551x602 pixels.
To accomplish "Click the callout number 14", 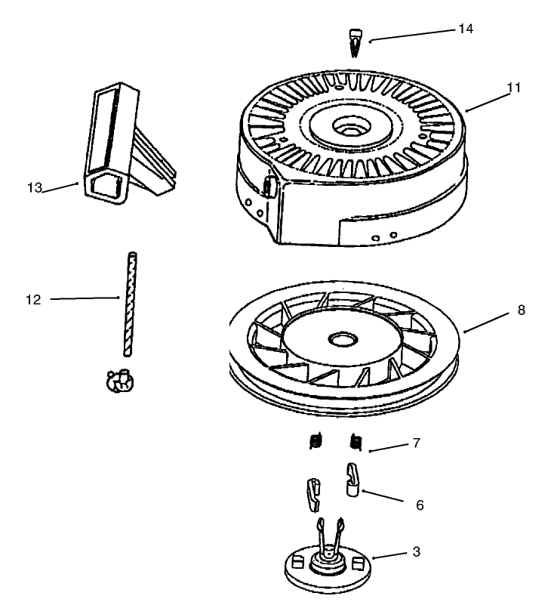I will point(466,28).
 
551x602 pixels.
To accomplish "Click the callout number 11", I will point(513,88).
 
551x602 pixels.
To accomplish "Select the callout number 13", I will point(33,187).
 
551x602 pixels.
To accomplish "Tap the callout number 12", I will point(32,299).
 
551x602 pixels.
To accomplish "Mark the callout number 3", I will point(415,553).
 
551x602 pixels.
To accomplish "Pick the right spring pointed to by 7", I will point(356,440).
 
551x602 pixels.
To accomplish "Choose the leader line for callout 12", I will point(83,299).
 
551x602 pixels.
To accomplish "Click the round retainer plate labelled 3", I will point(328,574).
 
